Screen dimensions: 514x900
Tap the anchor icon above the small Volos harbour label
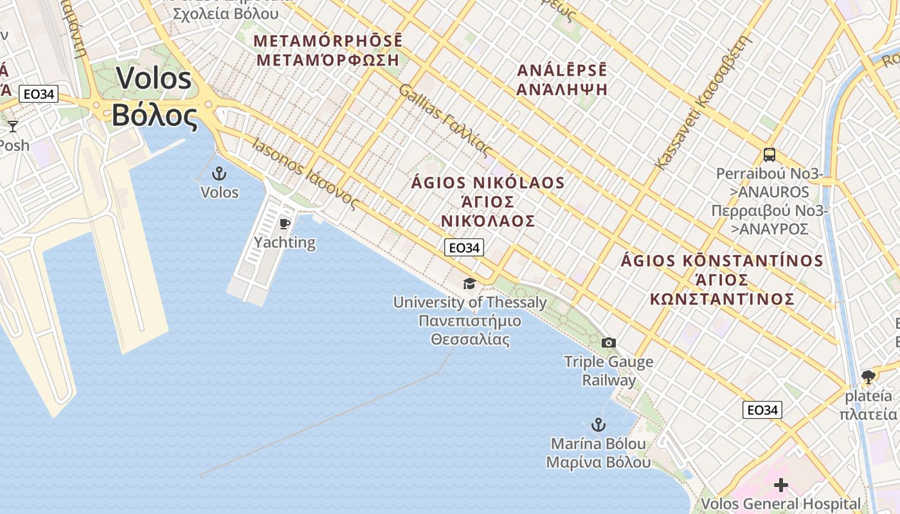tap(220, 173)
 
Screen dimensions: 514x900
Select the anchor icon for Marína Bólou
tap(598, 425)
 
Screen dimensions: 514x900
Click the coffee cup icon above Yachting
tap(285, 224)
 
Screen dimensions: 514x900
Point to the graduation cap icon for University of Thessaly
tap(470, 283)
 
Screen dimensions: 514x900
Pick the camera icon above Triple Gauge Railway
tap(609, 343)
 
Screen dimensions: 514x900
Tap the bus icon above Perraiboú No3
tap(769, 154)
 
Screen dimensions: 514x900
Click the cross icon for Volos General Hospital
tap(781, 485)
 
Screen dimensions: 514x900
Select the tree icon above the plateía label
tap(869, 377)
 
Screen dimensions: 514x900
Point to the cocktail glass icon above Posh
tap(13, 127)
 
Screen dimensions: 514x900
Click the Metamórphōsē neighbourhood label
tap(327, 50)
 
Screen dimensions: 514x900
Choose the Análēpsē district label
tap(562, 80)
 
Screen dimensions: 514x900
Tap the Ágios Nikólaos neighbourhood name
tap(488, 202)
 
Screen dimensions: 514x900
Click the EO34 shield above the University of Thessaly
tap(464, 247)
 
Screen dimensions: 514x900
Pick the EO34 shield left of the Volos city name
tap(39, 94)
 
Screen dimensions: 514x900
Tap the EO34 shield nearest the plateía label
tap(762, 410)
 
